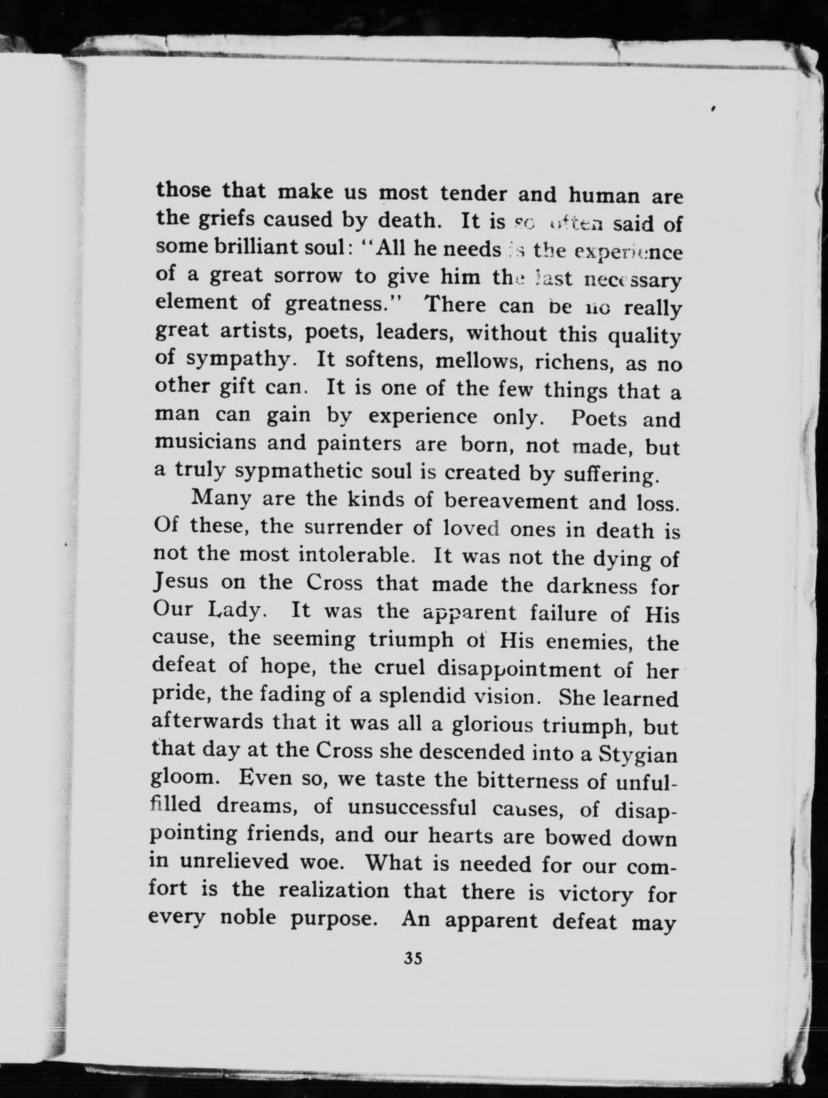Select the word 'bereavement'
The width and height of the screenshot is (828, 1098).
pos(512,501)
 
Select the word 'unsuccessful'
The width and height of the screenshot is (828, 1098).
pos(412,808)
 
